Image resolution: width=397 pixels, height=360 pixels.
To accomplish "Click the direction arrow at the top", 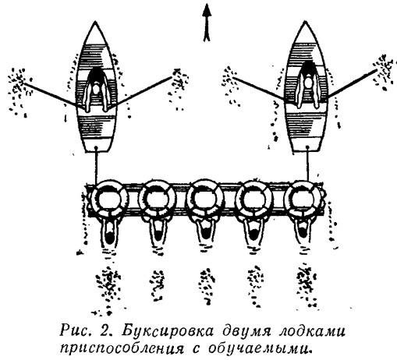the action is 207,23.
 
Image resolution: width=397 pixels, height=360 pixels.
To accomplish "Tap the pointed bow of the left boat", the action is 96,22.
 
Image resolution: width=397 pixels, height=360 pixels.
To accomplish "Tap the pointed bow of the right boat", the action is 305,22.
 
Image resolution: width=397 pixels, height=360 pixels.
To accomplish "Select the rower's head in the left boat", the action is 96,89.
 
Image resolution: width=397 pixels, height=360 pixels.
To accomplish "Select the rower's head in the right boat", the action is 309,83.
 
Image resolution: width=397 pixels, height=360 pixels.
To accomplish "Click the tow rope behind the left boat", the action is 96,166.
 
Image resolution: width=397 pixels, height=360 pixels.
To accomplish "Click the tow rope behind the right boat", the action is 308,164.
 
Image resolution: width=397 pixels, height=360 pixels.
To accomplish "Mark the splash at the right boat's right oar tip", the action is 384,72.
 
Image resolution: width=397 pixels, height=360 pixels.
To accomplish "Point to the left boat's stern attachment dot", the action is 96,148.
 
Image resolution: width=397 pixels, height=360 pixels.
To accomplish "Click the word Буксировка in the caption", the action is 168,331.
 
